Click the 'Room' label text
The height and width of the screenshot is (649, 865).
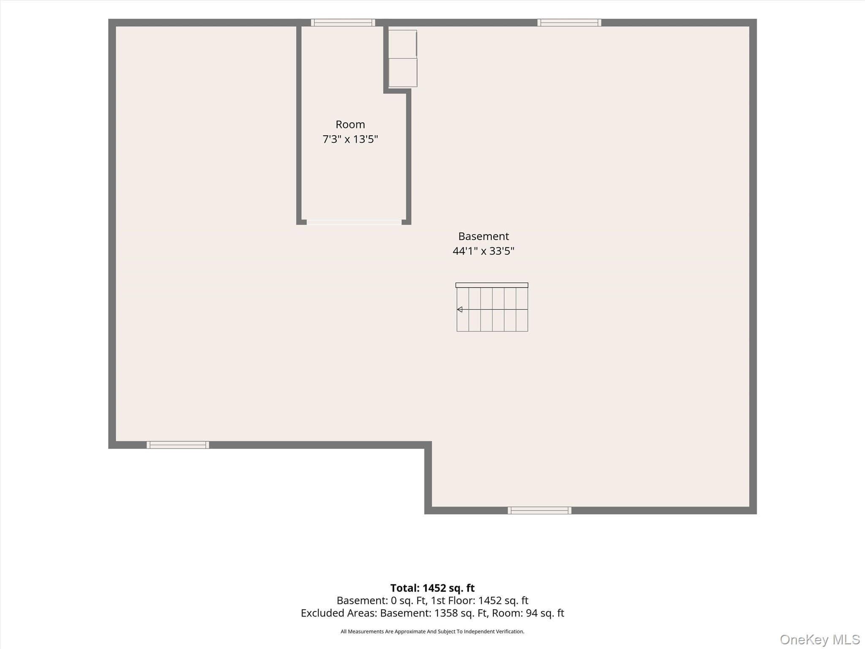coord(350,125)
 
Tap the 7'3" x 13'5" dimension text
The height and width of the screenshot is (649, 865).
coord(350,139)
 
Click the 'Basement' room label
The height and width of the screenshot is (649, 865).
coord(484,236)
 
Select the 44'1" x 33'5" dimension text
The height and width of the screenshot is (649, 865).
coord(484,251)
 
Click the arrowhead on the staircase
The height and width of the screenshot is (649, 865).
coord(460,310)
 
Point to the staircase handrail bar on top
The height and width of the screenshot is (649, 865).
coord(492,285)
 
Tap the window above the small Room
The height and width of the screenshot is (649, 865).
coord(343,23)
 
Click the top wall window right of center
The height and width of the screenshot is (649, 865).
coord(569,23)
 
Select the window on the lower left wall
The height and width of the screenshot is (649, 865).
coord(178,445)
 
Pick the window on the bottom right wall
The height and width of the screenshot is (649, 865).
coord(539,510)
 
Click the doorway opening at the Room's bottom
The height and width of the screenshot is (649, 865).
coord(354,222)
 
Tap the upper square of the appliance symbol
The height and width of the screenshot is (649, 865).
coord(403,44)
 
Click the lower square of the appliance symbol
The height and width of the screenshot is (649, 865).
coord(403,73)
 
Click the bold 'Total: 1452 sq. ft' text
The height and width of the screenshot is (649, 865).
coord(432,588)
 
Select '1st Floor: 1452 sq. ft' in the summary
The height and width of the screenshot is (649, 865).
coord(479,600)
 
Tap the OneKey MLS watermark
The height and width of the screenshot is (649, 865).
coord(820,640)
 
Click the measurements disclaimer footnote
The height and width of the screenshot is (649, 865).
coord(432,632)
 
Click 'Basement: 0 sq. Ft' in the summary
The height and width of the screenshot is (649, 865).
coord(381,600)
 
